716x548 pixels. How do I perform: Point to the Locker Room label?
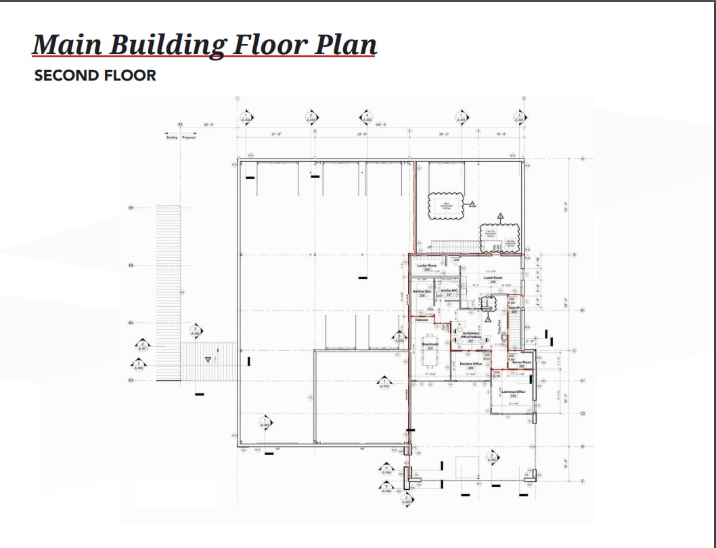(x=426, y=266)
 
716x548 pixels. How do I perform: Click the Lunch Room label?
(x=493, y=278)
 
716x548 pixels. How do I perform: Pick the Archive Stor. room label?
(x=422, y=292)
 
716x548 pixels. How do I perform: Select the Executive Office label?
(x=470, y=364)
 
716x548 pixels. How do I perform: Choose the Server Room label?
(x=522, y=362)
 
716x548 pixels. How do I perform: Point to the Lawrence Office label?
(x=513, y=392)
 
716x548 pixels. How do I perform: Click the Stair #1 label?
(x=514, y=308)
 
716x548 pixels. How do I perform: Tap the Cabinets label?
(x=422, y=320)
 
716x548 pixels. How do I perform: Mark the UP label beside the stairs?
(x=429, y=247)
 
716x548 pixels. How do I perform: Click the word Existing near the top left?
(x=172, y=138)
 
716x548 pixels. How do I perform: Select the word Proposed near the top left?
(x=188, y=138)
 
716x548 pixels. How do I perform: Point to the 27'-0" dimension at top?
(x=276, y=134)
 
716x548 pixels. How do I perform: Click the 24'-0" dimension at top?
(x=444, y=134)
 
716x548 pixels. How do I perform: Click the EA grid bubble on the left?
(x=131, y=208)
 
